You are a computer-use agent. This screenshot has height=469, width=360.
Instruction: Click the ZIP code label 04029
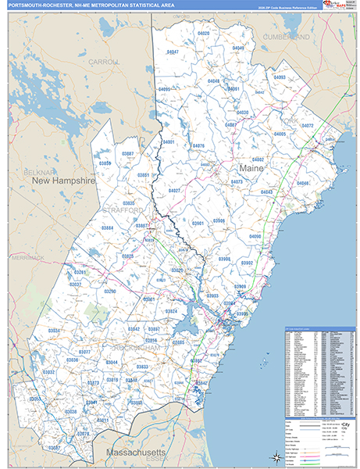[x=204, y=34]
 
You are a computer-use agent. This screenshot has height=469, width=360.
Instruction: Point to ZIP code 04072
[x=307, y=125]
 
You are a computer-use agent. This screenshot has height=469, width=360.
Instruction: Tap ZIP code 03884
[x=107, y=227]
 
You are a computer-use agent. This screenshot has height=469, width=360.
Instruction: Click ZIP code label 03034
[x=54, y=331]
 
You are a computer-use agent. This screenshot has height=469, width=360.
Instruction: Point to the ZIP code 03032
[x=48, y=372]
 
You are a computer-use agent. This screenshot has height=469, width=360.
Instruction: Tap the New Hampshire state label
[x=63, y=181]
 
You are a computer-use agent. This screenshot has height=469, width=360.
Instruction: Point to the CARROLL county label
[x=103, y=61]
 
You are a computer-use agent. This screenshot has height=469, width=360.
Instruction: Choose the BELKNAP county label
[x=37, y=170]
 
